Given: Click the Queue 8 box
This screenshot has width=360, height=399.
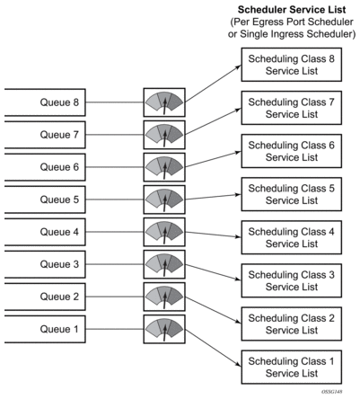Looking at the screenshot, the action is pyautogui.click(x=45, y=102).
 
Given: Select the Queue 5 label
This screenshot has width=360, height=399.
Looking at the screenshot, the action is pyautogui.click(x=59, y=199).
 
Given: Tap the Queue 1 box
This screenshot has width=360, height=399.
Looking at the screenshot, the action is pyautogui.click(x=45, y=329).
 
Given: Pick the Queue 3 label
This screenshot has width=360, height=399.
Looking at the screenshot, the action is pyautogui.click(x=59, y=264).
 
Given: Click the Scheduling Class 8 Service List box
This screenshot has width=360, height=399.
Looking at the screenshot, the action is pyautogui.click(x=292, y=65).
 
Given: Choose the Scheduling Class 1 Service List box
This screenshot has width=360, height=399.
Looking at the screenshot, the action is pyautogui.click(x=292, y=367).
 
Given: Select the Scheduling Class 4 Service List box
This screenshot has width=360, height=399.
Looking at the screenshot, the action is pyautogui.click(x=292, y=237).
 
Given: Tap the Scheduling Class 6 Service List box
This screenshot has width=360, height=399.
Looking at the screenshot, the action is pyautogui.click(x=292, y=151).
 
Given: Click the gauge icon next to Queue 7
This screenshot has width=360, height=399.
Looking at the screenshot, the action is pyautogui.click(x=164, y=135).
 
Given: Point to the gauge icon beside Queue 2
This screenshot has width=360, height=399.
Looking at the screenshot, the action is pyautogui.click(x=164, y=297).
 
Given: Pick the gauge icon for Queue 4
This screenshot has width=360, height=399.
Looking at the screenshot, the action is pyautogui.click(x=164, y=232).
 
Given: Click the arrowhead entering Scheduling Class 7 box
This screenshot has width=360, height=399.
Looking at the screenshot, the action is pyautogui.click(x=239, y=110).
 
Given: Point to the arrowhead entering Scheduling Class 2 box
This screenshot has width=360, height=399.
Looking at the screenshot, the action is pyautogui.click(x=239, y=322).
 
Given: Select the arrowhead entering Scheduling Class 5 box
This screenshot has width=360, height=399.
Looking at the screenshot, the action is pyautogui.click(x=239, y=195).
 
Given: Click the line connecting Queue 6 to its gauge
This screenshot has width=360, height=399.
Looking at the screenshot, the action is pyautogui.click(x=115, y=167).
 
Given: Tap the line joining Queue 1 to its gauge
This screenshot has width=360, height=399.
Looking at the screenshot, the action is pyautogui.click(x=115, y=329).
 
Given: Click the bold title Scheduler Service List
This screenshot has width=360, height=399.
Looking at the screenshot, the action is pyautogui.click(x=292, y=10).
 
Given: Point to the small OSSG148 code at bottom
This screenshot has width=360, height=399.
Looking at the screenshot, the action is pyautogui.click(x=332, y=392).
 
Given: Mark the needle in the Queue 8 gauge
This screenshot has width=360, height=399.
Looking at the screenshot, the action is pyautogui.click(x=164, y=106).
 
